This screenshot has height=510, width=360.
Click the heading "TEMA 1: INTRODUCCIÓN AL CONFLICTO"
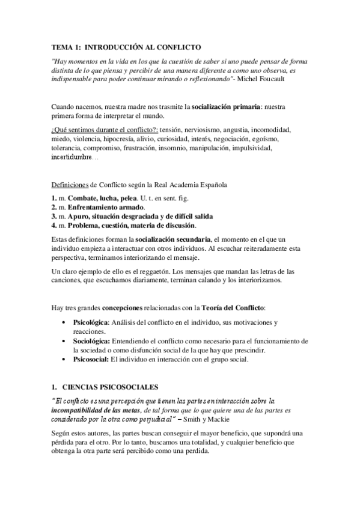coord(125,47)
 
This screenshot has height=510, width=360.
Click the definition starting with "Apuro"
coord(139,216)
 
